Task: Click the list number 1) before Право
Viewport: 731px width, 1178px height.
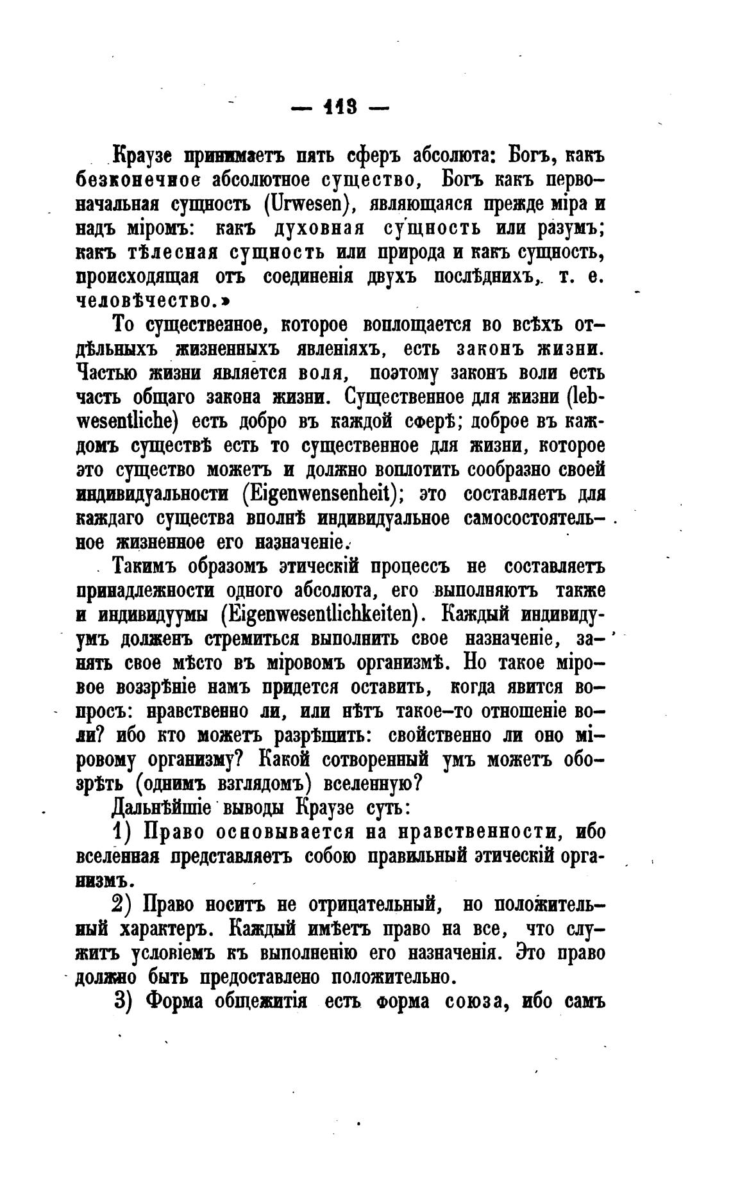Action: point(122,832)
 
